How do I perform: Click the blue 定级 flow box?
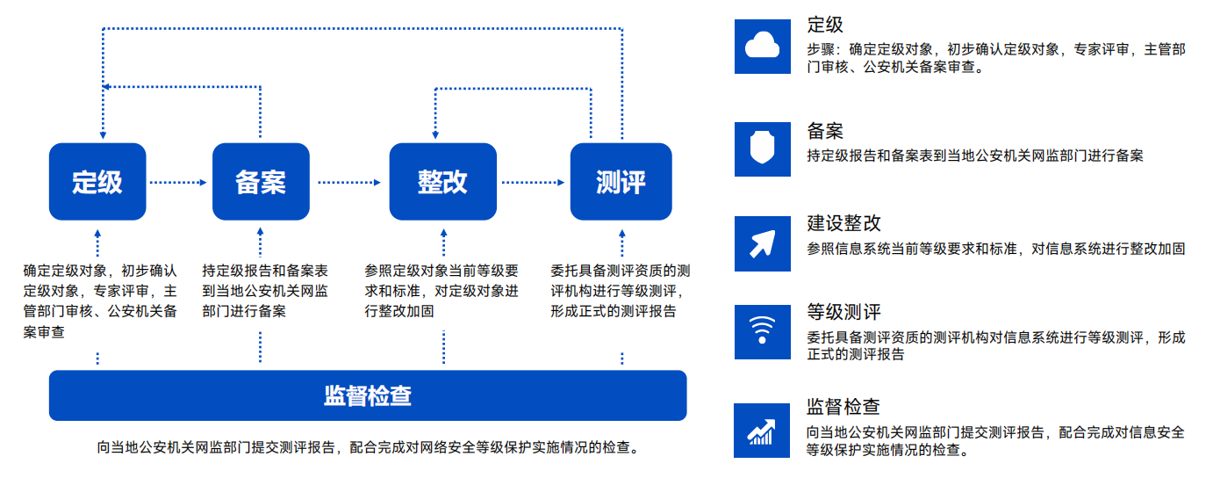click(x=97, y=182)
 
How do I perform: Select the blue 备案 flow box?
click(x=261, y=182)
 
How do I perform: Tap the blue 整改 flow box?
click(x=443, y=182)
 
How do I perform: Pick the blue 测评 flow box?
click(x=621, y=182)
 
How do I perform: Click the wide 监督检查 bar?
click(x=368, y=395)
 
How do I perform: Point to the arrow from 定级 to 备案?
click(x=179, y=183)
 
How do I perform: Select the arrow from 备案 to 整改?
click(x=349, y=183)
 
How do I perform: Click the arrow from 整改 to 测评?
click(x=534, y=183)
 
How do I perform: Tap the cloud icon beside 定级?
click(x=763, y=46)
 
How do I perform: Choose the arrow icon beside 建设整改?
click(x=763, y=244)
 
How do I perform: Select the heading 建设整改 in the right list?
click(x=843, y=223)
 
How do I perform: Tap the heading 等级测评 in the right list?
click(x=843, y=312)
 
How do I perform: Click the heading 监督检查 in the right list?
click(x=843, y=407)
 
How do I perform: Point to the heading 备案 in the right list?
click(x=825, y=131)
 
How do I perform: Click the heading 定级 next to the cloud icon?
click(x=825, y=25)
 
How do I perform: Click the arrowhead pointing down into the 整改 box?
click(x=435, y=135)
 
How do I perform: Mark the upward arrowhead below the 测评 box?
click(x=621, y=234)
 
